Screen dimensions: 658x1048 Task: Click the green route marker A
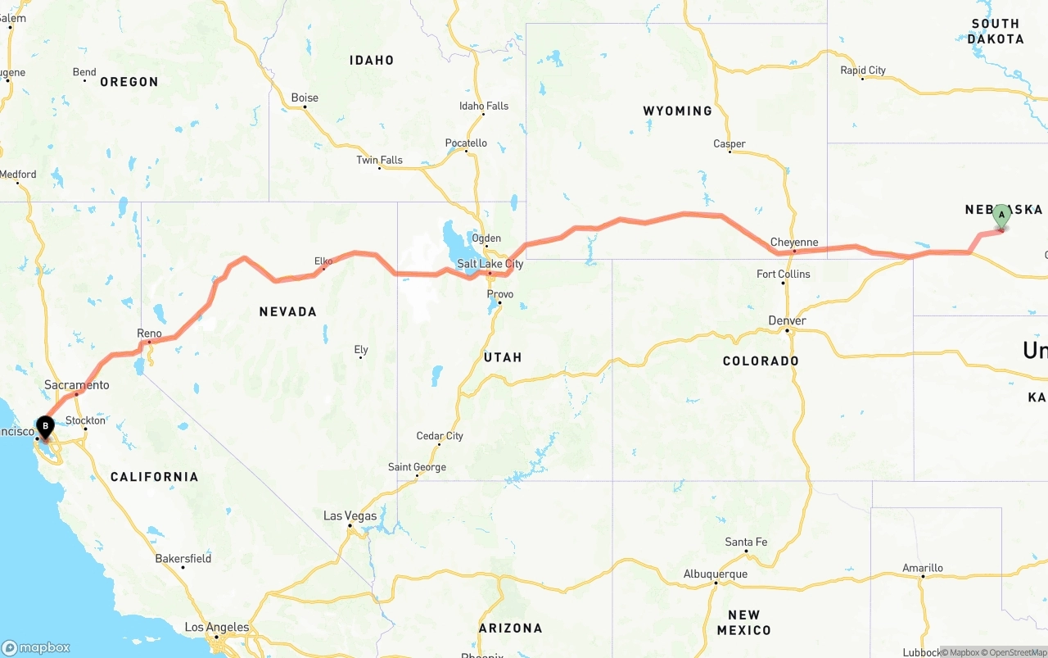pyautogui.click(x=1001, y=217)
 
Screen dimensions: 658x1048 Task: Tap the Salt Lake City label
pyautogui.click(x=490, y=264)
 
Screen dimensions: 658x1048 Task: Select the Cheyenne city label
pyautogui.click(x=793, y=243)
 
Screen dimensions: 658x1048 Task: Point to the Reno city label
pyautogui.click(x=149, y=334)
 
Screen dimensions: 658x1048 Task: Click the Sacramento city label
pyautogui.click(x=77, y=385)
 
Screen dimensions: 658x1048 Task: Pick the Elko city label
pyautogui.click(x=323, y=261)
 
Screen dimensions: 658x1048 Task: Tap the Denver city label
pyautogui.click(x=788, y=320)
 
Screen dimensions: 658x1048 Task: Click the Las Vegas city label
pyautogui.click(x=350, y=516)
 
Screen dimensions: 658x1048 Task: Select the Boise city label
pyautogui.click(x=305, y=98)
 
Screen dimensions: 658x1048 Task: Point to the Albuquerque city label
pyautogui.click(x=716, y=574)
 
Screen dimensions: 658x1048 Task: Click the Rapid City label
pyautogui.click(x=863, y=70)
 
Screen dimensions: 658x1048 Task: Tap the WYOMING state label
pyautogui.click(x=677, y=111)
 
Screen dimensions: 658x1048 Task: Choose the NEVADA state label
pyautogui.click(x=287, y=311)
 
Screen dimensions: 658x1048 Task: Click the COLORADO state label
pyautogui.click(x=761, y=361)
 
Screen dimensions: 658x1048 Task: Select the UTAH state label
pyautogui.click(x=503, y=357)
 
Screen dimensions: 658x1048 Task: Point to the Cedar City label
pyautogui.click(x=440, y=436)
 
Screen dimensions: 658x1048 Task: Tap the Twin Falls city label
pyautogui.click(x=379, y=160)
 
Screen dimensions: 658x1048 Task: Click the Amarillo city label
pyautogui.click(x=923, y=568)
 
